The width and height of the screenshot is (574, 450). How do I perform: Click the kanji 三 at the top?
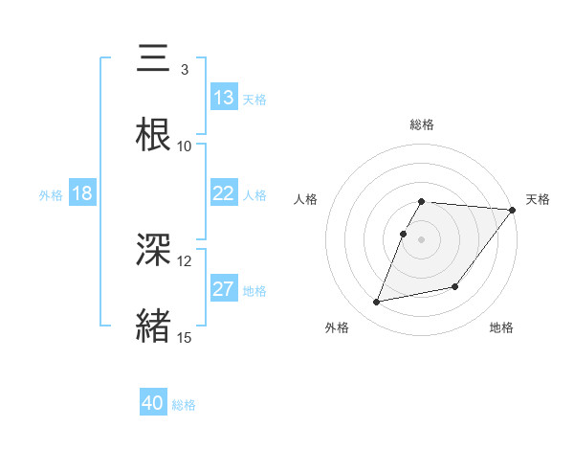point(155,59)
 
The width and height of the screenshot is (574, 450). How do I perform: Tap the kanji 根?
point(155,135)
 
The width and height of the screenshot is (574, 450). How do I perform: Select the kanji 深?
point(155,251)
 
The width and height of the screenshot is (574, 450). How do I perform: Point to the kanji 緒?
point(155,326)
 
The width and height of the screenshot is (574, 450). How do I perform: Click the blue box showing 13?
point(224,98)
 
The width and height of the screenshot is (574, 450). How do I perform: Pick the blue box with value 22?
point(224,193)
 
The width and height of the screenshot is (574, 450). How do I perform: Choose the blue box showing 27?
point(224,289)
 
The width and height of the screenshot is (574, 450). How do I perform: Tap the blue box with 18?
point(82,193)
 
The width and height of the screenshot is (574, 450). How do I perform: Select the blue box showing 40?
point(153,404)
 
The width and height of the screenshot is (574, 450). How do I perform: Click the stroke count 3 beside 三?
point(184,70)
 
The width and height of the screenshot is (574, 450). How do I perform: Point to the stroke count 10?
point(185,146)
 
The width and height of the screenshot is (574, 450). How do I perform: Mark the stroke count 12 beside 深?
point(185,261)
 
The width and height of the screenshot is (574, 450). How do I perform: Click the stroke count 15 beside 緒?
point(185,337)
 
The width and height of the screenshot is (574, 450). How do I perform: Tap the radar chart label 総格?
point(422,124)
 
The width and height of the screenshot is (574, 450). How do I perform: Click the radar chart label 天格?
point(538,199)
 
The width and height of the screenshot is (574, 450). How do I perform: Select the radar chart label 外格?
point(337,327)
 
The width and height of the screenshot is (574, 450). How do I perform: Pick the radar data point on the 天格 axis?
point(513,210)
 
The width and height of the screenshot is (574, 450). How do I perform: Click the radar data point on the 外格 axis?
point(377,302)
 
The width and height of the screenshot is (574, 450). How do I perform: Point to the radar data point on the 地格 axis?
point(455,286)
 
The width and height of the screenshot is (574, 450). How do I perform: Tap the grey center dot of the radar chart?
point(422,239)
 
